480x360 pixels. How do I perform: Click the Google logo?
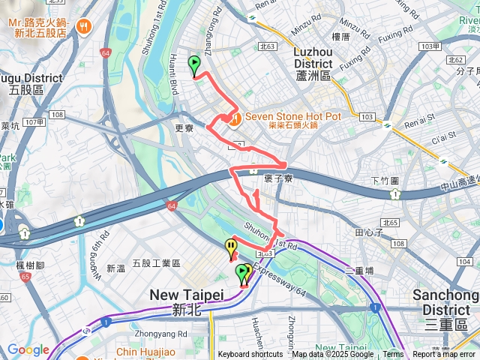28,349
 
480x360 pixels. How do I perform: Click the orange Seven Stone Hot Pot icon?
235,118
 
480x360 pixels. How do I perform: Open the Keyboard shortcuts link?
250,355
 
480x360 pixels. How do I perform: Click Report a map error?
444,355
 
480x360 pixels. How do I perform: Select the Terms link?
393,355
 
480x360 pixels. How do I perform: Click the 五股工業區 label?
156,263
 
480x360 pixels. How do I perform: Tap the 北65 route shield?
388,223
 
